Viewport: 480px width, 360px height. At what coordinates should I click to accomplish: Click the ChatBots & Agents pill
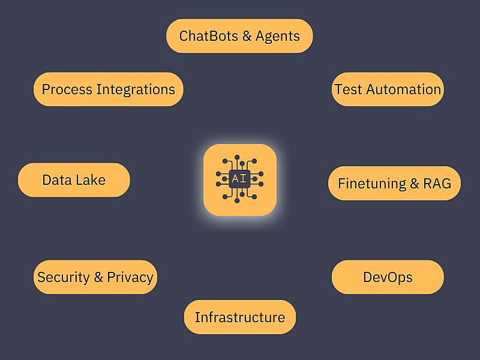(239, 36)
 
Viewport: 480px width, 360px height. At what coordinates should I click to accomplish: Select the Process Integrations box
(109, 89)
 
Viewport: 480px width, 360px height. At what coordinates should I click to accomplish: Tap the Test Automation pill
(388, 89)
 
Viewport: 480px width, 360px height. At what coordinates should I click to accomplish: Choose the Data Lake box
(74, 180)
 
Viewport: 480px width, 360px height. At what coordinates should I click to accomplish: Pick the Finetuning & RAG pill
(394, 184)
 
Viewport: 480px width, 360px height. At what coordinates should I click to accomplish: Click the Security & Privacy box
(95, 277)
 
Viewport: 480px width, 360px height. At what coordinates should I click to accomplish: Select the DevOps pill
(388, 277)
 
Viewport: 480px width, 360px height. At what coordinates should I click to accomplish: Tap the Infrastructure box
(240, 317)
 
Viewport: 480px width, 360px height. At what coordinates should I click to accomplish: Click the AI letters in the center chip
(239, 178)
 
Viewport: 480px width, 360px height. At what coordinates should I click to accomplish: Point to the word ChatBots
(208, 36)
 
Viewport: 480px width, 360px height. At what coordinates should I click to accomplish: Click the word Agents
(278, 37)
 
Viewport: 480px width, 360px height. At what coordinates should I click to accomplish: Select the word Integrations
(136, 90)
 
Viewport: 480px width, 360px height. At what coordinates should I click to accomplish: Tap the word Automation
(403, 89)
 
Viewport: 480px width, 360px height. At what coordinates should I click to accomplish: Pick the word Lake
(91, 180)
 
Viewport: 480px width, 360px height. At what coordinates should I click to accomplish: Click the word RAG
(437, 184)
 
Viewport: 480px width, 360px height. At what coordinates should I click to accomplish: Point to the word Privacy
(130, 278)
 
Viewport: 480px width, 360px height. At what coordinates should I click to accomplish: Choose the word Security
(64, 278)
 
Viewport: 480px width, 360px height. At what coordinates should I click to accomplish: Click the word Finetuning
(372, 184)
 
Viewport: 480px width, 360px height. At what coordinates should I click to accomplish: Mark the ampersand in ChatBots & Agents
(247, 36)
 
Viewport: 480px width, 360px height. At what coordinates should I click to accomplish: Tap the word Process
(67, 89)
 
